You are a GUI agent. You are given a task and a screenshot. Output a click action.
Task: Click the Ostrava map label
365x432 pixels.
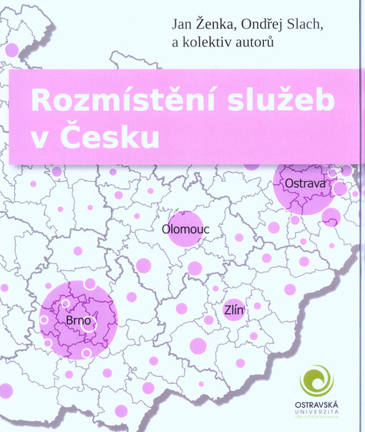(305, 185)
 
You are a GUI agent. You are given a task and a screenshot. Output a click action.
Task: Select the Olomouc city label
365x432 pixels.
(185, 230)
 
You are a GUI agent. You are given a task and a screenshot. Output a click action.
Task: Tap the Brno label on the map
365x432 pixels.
(78, 320)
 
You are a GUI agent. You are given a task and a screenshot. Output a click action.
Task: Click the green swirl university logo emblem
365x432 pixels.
(316, 380)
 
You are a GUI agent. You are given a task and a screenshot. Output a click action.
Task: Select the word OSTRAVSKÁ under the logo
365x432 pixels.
(316, 405)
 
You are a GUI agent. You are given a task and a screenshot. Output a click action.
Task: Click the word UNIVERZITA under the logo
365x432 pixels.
(316, 413)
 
